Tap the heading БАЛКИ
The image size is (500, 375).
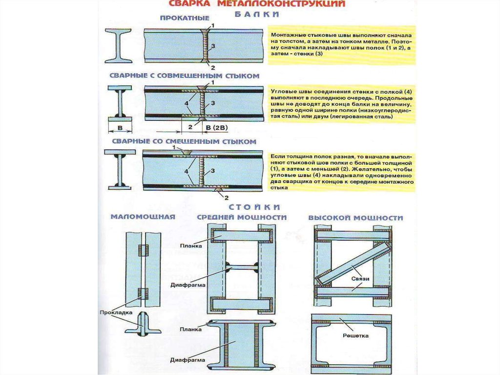[256, 15]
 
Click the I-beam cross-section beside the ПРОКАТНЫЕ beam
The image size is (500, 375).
[118, 45]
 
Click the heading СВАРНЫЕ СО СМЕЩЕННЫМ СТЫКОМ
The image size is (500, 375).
[184, 142]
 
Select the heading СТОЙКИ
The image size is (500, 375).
[256, 207]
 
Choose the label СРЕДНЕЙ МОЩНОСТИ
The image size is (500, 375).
[241, 217]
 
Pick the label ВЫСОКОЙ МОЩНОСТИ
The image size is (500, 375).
[355, 217]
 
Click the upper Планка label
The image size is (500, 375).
[190, 246]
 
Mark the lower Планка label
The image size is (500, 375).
[190, 330]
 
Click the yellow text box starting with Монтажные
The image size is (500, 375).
[342, 45]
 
